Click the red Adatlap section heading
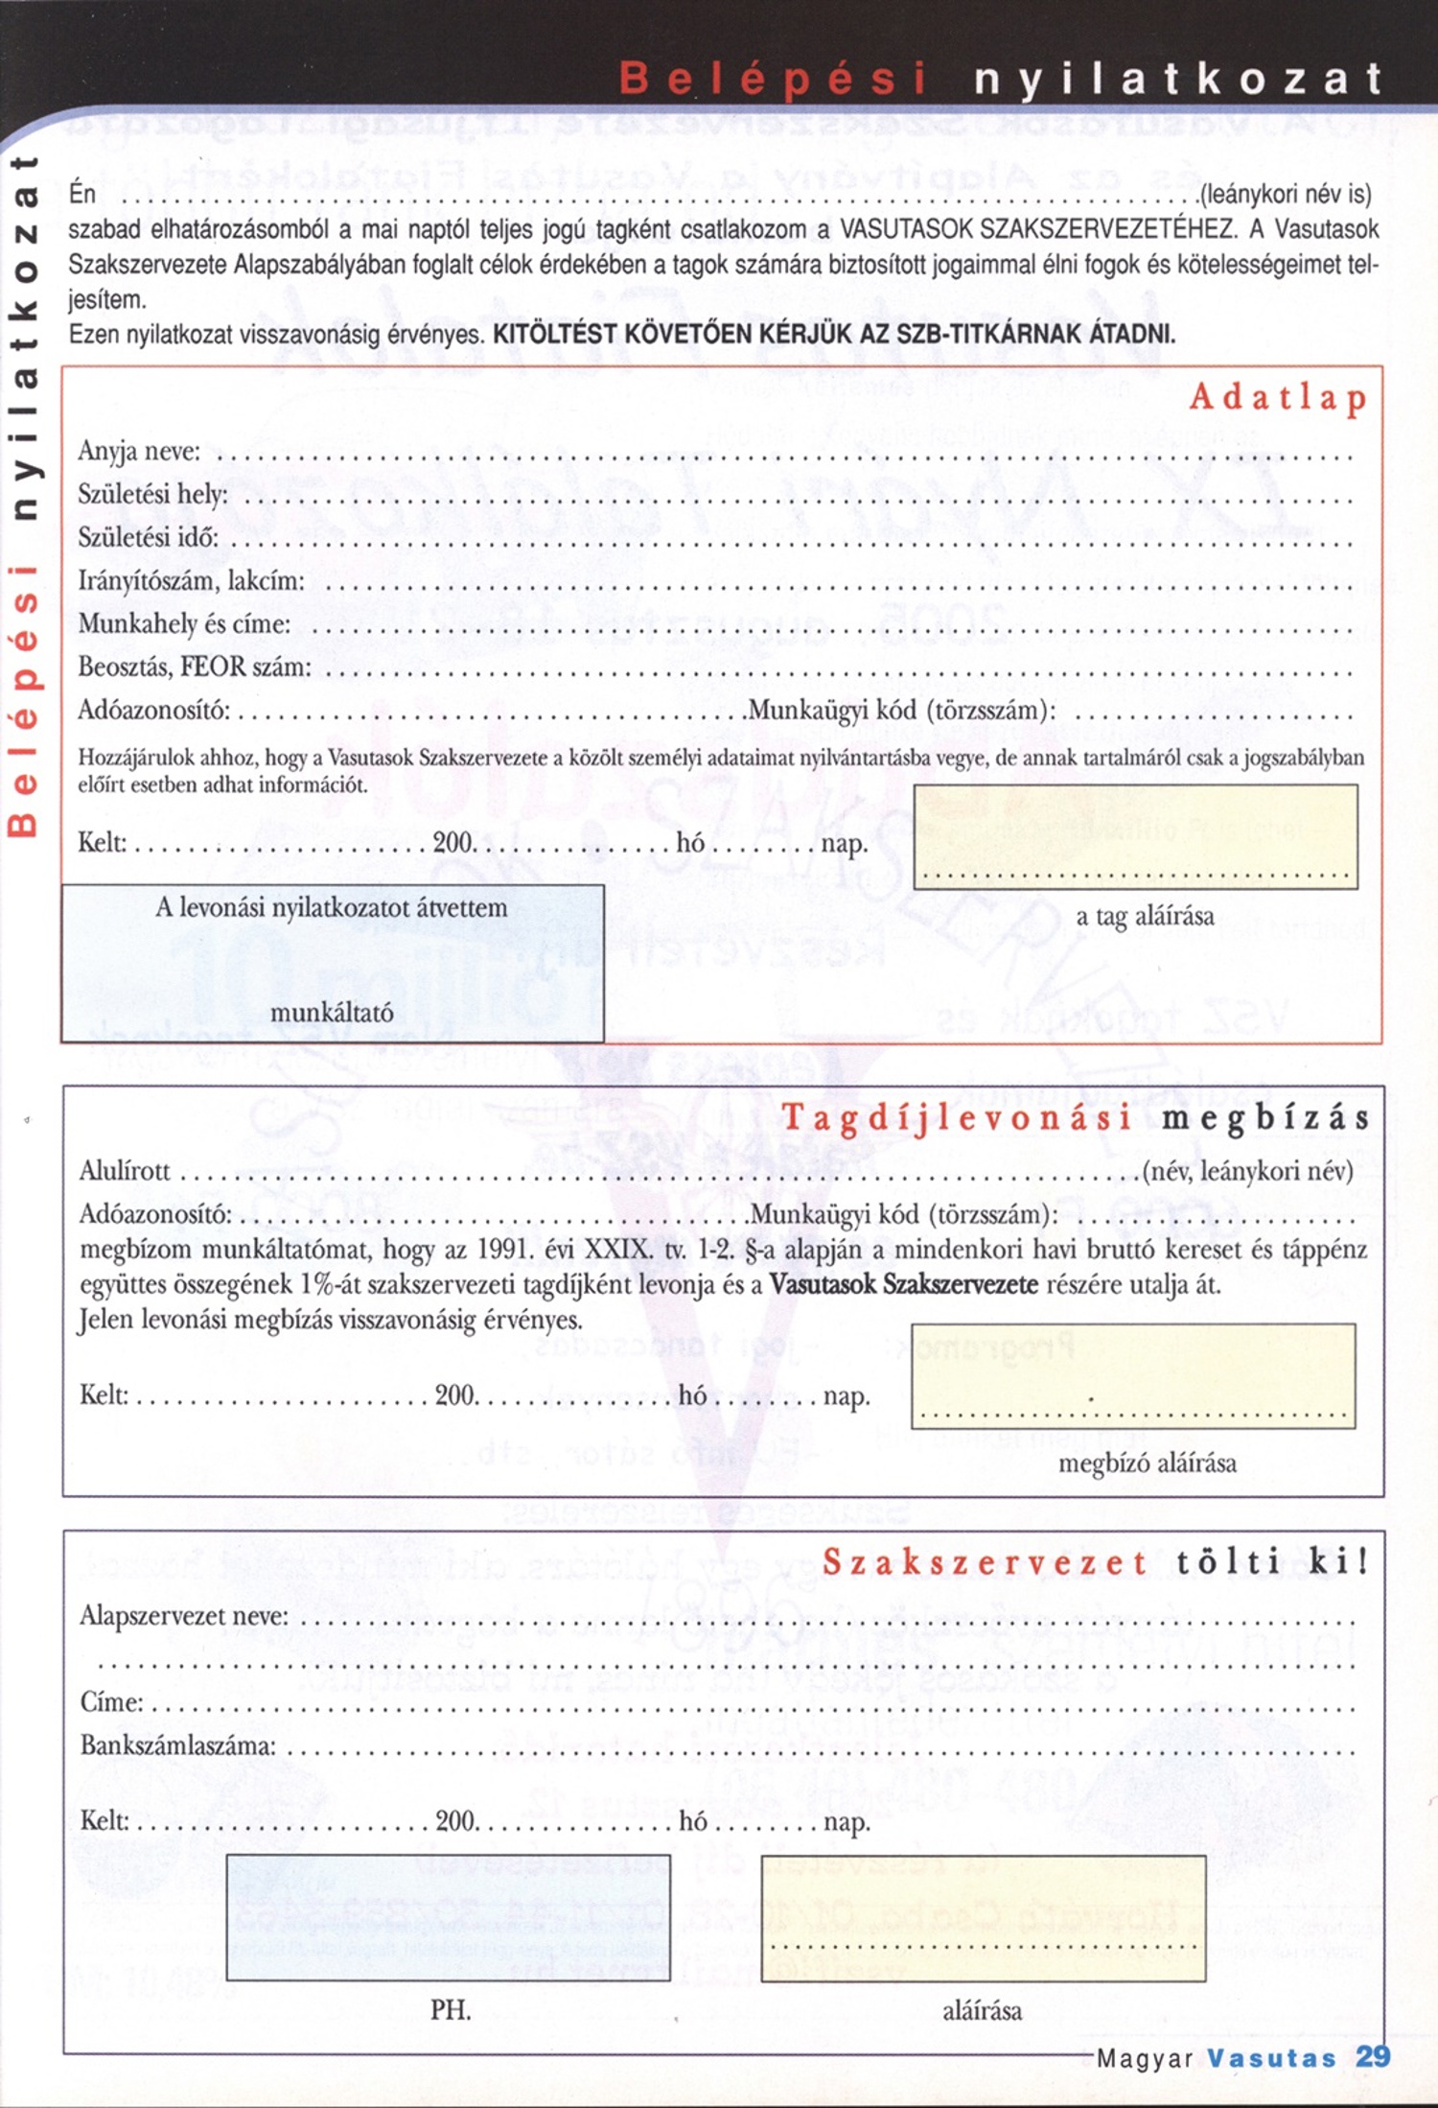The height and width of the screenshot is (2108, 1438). (1278, 397)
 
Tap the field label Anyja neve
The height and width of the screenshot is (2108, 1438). (139, 451)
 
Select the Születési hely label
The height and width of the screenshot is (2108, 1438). (153, 494)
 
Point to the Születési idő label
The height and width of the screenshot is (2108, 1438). (149, 537)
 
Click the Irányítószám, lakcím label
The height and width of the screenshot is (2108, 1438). (191, 580)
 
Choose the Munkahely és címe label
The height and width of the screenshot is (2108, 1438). (184, 623)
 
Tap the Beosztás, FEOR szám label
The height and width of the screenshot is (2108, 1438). (195, 667)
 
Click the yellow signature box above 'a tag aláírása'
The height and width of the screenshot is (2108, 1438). (1135, 836)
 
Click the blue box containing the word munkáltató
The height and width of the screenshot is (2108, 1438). (332, 963)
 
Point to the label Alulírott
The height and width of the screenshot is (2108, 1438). (125, 1170)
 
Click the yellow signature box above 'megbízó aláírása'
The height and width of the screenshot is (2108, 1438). (1133, 1375)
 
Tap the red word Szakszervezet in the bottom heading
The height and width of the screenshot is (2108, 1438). (985, 1562)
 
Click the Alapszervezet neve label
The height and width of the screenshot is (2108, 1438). (183, 1616)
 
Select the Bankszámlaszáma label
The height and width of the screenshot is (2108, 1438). (177, 1745)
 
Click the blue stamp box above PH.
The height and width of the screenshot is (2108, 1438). (448, 1917)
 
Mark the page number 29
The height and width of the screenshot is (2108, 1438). (1373, 2056)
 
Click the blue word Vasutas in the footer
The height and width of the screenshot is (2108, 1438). (1271, 2058)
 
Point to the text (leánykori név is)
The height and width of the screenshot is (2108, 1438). (1287, 195)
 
